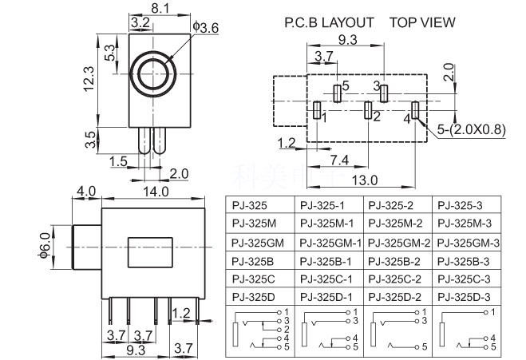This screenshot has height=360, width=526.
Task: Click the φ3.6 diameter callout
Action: point(206,28)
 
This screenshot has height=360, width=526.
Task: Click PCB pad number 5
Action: point(337,93)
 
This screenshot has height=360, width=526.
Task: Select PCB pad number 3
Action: point(384,93)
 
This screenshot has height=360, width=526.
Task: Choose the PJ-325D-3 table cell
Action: point(467,297)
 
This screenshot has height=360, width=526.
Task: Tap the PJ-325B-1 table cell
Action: point(328,260)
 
